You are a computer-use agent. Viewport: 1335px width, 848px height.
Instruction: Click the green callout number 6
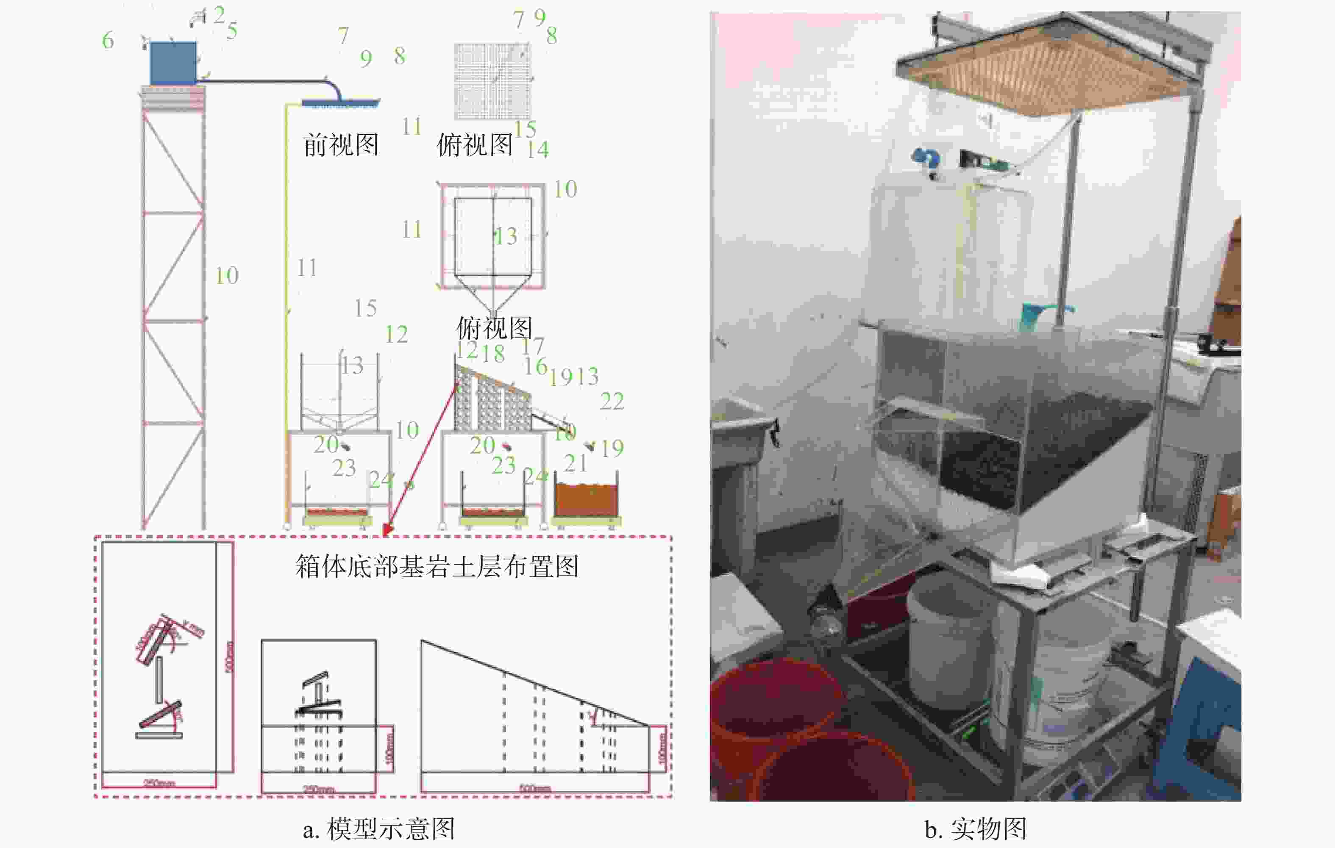(108, 41)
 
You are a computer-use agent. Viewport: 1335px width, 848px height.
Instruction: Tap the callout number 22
(612, 401)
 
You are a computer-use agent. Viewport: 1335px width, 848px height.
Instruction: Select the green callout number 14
(538, 150)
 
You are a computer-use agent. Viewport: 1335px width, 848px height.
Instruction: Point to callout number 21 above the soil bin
(576, 463)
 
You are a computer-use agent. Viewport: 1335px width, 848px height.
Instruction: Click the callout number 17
(533, 346)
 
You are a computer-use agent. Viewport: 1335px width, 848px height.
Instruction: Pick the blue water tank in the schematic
(173, 63)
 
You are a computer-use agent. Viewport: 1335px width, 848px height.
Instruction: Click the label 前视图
(340, 145)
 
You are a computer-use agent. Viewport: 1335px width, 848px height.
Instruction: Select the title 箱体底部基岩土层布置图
(437, 566)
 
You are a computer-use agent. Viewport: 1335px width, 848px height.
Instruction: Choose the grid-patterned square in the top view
(493, 81)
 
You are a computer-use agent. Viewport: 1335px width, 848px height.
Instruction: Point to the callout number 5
(232, 30)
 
